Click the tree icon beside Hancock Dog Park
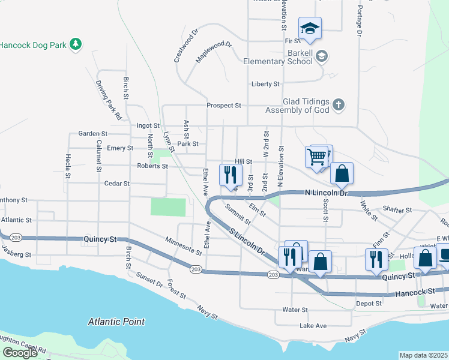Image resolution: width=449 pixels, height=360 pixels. [x=75, y=45]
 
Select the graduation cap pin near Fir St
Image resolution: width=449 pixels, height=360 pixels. [x=310, y=28]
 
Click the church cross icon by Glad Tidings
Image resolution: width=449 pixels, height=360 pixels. [x=339, y=106]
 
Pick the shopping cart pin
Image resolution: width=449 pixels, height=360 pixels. [x=316, y=157]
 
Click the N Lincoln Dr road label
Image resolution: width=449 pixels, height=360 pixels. [x=327, y=193]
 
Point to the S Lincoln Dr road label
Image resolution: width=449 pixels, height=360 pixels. [x=246, y=241]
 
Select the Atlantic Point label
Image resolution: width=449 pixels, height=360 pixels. [x=116, y=322]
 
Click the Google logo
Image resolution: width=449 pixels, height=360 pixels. [x=20, y=353]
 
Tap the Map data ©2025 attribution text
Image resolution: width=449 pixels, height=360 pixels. [x=423, y=355]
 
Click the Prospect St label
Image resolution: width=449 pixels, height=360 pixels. [x=224, y=105]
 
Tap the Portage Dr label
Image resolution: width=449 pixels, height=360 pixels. [x=359, y=21]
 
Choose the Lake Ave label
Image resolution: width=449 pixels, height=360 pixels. [x=313, y=326]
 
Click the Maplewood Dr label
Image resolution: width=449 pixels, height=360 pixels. [x=214, y=52]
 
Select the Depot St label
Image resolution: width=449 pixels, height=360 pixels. [x=369, y=304]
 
